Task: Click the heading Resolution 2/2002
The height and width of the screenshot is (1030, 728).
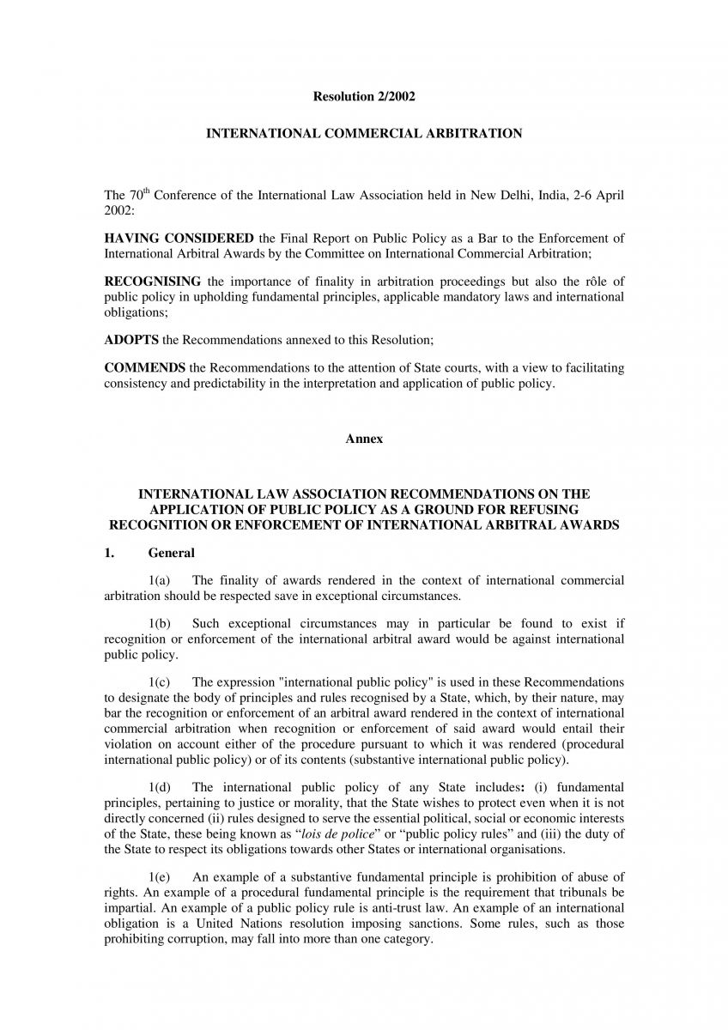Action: click(364, 97)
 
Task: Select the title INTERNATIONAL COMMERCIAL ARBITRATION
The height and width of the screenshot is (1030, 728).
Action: click(364, 134)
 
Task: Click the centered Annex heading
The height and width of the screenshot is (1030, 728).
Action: click(364, 439)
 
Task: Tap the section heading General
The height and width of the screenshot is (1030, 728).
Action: click(171, 554)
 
